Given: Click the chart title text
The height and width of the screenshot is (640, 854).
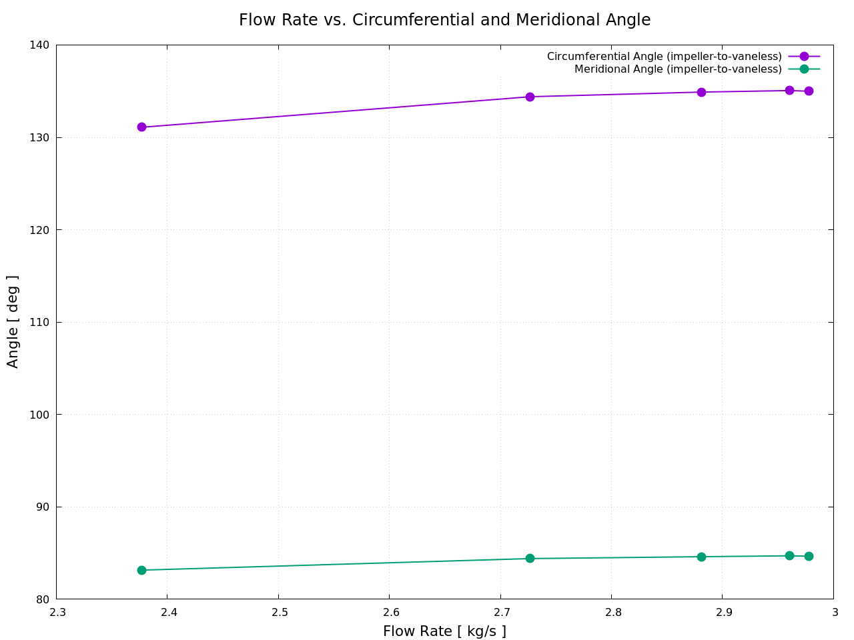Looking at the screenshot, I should [x=444, y=20].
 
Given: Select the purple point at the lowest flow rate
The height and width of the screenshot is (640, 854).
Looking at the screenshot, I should [x=141, y=127].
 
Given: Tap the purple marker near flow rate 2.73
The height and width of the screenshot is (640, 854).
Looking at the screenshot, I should [x=530, y=97].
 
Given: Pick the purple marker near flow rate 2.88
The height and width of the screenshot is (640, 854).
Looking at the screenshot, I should [x=701, y=92].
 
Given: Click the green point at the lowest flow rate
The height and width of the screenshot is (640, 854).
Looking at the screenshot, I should [x=141, y=570].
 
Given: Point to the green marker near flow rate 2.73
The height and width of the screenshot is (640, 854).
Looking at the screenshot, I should [x=530, y=558].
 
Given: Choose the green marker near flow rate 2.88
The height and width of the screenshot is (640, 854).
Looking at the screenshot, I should [x=701, y=557].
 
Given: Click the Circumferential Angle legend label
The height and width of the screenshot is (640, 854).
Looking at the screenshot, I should [x=664, y=57].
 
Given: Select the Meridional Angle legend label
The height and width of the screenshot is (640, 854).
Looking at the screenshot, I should [x=678, y=69].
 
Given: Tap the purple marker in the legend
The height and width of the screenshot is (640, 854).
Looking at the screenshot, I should [x=804, y=57].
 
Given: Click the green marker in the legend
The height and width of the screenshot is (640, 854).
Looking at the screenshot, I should [x=804, y=69].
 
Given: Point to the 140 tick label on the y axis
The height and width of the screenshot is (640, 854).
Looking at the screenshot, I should [x=40, y=45].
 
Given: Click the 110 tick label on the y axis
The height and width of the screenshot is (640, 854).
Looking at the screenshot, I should [x=40, y=322].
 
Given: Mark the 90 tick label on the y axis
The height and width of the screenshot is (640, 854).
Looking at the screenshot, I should [x=43, y=507].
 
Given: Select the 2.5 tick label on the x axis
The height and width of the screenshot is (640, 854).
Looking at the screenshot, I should [x=279, y=613].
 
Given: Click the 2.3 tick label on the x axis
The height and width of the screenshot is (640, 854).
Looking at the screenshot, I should [x=57, y=613].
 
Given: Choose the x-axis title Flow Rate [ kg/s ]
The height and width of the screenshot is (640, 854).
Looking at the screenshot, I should [x=444, y=631].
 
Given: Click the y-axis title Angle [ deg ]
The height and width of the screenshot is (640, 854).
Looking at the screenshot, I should [x=13, y=321].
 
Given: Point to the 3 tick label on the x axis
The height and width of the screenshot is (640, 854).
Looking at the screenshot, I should [x=835, y=613].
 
